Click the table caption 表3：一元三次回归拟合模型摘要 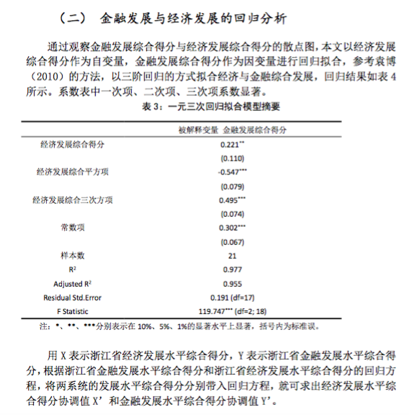(x=204, y=107)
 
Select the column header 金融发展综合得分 (x=254, y=130)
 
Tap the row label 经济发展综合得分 (x=72, y=144)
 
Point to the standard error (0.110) (x=230, y=158)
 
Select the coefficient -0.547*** (x=232, y=172)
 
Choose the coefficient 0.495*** (x=232, y=200)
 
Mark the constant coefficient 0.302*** (x=232, y=227)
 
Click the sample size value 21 (x=231, y=255)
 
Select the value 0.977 (x=231, y=269)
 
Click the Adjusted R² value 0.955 (x=231, y=283)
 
